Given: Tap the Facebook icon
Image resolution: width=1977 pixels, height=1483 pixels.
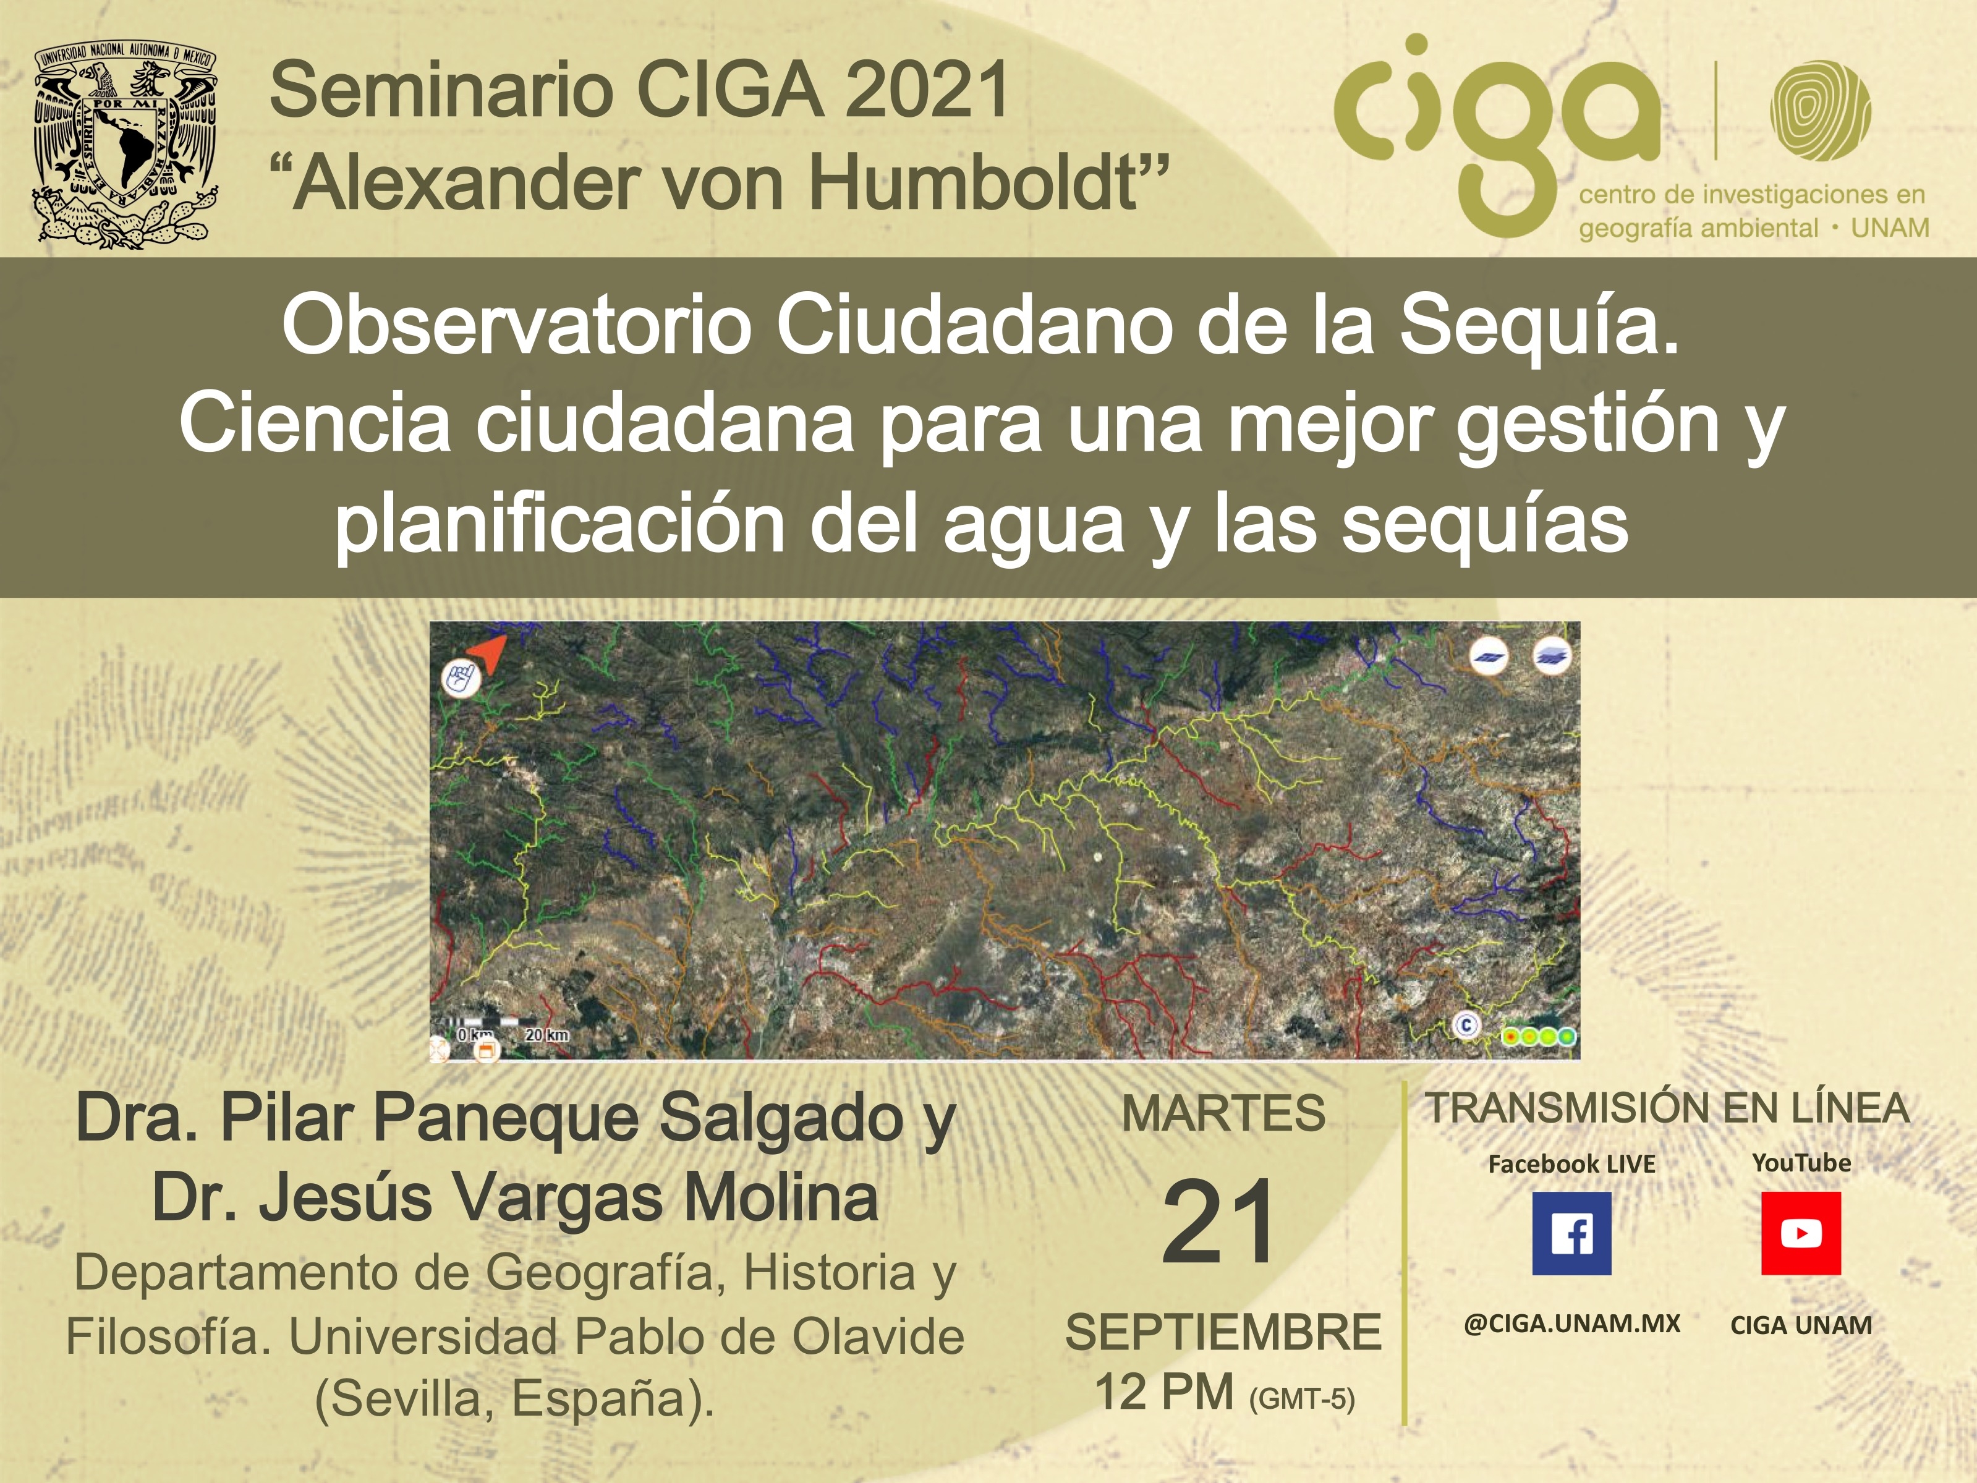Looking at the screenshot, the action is point(1571,1233).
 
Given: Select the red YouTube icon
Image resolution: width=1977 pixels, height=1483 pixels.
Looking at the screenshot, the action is point(1801,1233).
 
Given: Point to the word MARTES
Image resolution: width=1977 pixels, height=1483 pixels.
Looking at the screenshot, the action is point(1223,1114).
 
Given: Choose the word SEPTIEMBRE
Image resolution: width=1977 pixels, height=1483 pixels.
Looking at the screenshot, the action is point(1223,1332).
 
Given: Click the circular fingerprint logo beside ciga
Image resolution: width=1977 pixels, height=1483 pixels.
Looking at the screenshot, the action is point(1821,110).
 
